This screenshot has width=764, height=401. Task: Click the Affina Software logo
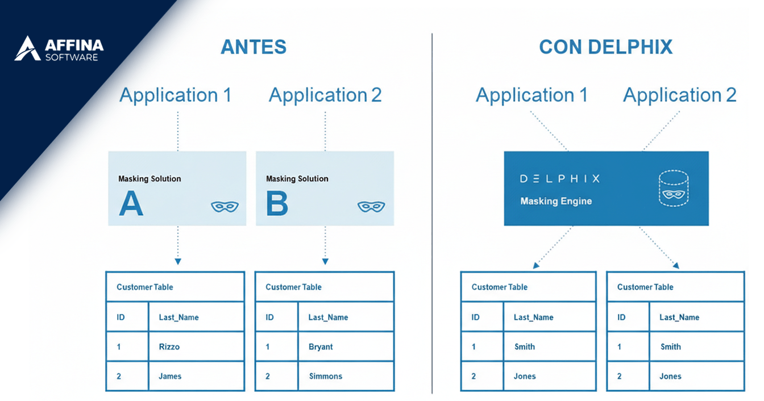(59, 48)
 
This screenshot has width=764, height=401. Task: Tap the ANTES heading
(254, 47)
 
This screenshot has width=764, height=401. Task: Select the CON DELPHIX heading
(606, 47)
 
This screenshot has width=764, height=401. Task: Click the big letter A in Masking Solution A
(131, 203)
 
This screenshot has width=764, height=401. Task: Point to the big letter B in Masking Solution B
(277, 203)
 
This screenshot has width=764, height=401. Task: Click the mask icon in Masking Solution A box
(225, 206)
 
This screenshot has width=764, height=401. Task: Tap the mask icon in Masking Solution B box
(371, 206)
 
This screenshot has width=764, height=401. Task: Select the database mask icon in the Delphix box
(673, 189)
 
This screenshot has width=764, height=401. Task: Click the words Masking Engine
(556, 201)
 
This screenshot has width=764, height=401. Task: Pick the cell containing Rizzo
(197, 346)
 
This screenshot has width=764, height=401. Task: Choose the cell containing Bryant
(346, 346)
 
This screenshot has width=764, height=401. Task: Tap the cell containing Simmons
(346, 376)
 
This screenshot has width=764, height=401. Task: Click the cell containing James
(197, 376)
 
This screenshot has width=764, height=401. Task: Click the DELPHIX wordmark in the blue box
(560, 179)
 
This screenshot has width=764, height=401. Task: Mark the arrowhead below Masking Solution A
(178, 261)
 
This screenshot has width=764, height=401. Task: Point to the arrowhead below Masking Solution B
(325, 261)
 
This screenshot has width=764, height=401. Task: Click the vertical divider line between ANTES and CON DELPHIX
(432, 213)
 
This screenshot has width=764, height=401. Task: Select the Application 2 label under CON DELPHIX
(679, 95)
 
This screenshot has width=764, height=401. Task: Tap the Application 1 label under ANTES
(175, 95)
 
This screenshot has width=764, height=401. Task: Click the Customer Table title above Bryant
(293, 287)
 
